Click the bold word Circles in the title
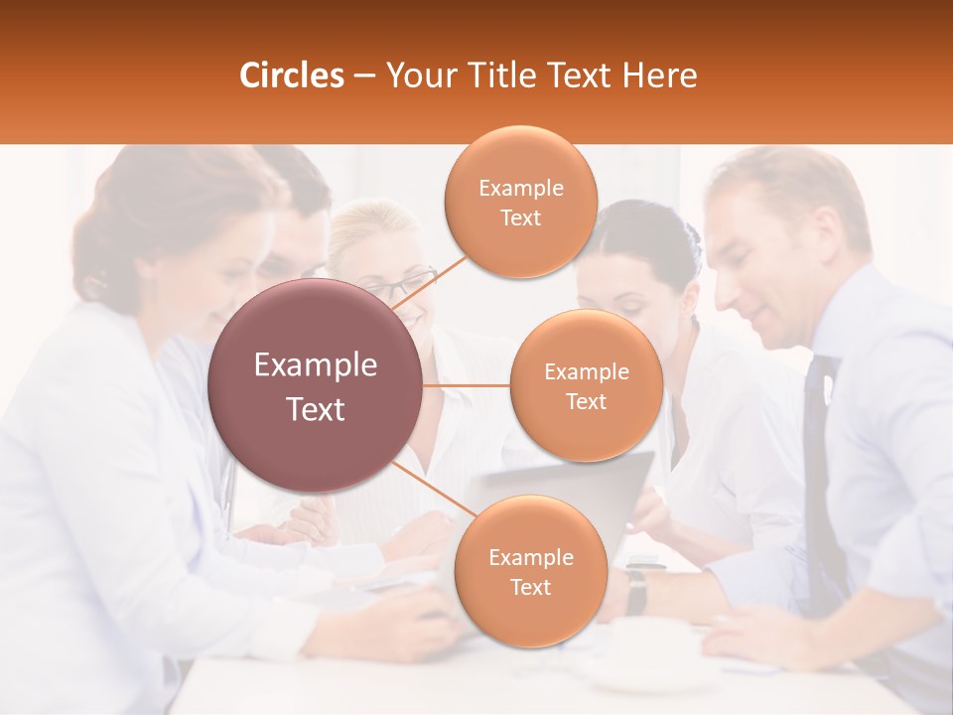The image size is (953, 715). [x=291, y=75]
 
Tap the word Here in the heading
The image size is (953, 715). [x=659, y=75]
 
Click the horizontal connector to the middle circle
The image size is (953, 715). [x=467, y=385]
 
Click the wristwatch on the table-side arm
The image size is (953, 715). [x=636, y=590]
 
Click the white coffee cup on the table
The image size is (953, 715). [x=650, y=655]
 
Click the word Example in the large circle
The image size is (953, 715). [x=316, y=365]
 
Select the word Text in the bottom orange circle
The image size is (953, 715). [x=530, y=587]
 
